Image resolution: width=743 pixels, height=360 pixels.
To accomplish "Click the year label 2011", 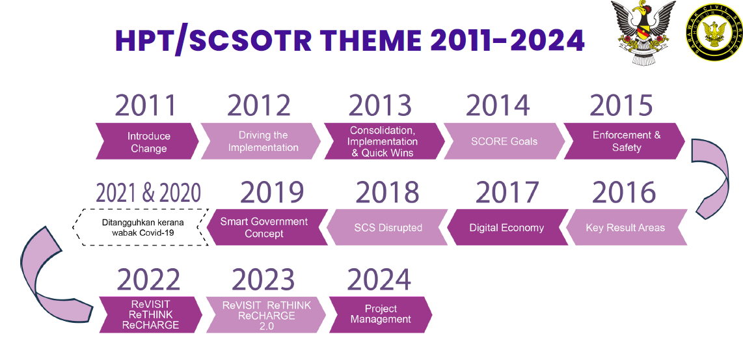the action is coord(145,105).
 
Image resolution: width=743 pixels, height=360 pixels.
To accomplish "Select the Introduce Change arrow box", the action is coord(148,141).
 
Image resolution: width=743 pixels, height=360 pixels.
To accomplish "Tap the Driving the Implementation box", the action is coord(261,141).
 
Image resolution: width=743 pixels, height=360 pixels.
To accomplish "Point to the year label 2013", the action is coord(380,105).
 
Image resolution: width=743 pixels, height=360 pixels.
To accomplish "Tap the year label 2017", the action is coord(507,192).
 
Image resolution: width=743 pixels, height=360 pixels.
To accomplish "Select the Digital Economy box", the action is coord(507,228).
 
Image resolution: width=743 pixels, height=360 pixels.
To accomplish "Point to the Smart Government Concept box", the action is coord(267,228).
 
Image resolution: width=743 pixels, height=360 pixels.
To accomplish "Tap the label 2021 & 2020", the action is coord(148,193).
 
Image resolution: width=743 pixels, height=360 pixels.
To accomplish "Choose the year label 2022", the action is coord(148,280).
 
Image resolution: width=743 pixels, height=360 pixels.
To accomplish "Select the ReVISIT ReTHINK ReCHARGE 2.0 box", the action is coord(266,314).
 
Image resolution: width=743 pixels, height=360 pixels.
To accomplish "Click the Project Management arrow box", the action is coord(381,314).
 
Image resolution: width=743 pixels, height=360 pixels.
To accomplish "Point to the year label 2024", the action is coord(379,280).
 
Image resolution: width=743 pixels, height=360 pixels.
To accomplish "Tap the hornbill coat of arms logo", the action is coord(643,33).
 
